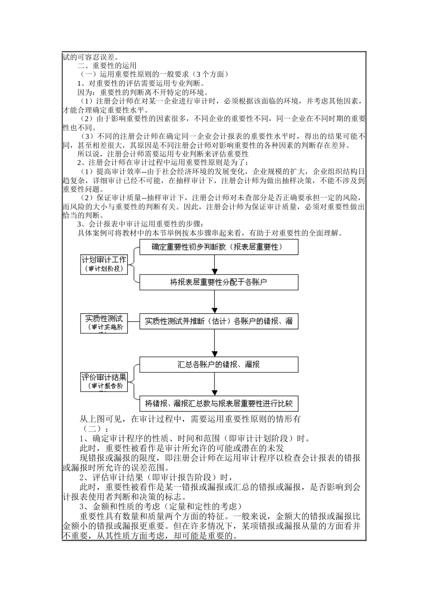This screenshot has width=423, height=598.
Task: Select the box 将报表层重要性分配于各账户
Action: click(219, 282)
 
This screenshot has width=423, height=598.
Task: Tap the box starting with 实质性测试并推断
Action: click(219, 321)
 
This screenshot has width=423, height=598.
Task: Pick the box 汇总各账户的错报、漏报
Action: click(219, 364)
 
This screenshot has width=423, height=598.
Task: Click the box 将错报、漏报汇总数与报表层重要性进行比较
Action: click(219, 404)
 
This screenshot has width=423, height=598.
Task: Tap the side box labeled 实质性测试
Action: click(104, 323)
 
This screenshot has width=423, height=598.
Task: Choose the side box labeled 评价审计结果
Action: click(104, 382)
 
